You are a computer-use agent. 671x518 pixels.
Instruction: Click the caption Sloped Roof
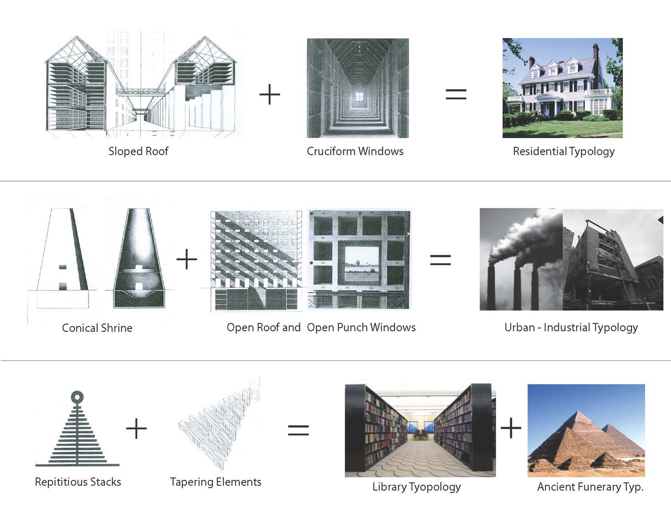pyautogui.click(x=138, y=151)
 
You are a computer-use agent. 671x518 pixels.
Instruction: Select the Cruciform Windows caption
pyautogui.click(x=355, y=151)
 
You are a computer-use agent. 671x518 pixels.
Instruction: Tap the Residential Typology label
pyautogui.click(x=563, y=151)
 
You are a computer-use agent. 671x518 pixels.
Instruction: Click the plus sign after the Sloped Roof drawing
pyautogui.click(x=270, y=94)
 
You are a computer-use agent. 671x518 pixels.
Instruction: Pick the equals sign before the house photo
pyautogui.click(x=456, y=94)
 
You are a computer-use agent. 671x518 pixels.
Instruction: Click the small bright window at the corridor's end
pyautogui.click(x=359, y=97)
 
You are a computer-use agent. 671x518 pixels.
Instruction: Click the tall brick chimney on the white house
pyautogui.click(x=596, y=54)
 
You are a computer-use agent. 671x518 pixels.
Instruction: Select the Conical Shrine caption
pyautogui.click(x=97, y=328)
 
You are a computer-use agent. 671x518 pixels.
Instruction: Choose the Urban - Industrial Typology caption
pyautogui.click(x=571, y=327)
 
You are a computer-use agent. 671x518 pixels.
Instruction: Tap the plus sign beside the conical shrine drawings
pyautogui.click(x=187, y=259)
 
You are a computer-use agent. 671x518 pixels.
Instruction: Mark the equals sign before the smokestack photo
pyautogui.click(x=440, y=260)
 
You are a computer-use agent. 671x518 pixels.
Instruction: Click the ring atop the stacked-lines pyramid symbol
pyautogui.click(x=77, y=397)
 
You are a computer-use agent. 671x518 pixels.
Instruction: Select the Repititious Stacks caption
pyautogui.click(x=78, y=482)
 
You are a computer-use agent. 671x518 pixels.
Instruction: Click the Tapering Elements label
pyautogui.click(x=216, y=482)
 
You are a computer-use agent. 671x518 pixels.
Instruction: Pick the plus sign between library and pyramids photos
pyautogui.click(x=511, y=428)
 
